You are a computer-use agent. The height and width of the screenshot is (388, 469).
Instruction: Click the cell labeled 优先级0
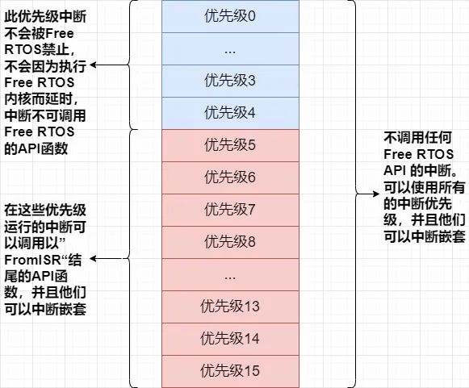point(230,16)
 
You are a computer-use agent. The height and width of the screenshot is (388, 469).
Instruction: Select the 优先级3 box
point(230,81)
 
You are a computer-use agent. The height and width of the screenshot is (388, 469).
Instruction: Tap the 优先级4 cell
point(230,113)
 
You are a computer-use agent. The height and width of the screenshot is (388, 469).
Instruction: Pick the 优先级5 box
point(230,145)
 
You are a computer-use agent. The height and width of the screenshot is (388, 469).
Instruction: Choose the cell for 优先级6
point(230,177)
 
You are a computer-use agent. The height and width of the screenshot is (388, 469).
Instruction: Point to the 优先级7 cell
point(230,211)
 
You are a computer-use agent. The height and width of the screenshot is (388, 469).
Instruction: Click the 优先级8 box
point(230,243)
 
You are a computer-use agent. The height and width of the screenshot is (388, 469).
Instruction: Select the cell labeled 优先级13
point(230,307)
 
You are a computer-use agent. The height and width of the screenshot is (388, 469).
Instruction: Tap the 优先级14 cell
point(230,340)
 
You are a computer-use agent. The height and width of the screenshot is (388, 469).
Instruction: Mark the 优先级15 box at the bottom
point(230,372)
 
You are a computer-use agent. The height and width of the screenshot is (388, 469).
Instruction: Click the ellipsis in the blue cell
point(230,52)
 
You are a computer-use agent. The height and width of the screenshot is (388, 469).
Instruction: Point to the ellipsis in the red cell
point(230,278)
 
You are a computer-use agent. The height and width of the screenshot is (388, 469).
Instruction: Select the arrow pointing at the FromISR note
point(110,259)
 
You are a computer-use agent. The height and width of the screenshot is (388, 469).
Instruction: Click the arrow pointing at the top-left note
point(110,65)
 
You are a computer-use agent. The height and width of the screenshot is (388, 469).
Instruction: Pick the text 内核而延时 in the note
point(38,99)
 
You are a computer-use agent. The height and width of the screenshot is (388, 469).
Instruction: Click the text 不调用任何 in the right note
point(417,138)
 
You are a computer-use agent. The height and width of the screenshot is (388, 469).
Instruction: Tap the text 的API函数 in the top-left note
point(36,148)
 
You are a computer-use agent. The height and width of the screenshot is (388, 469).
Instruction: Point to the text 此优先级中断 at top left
point(45,16)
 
